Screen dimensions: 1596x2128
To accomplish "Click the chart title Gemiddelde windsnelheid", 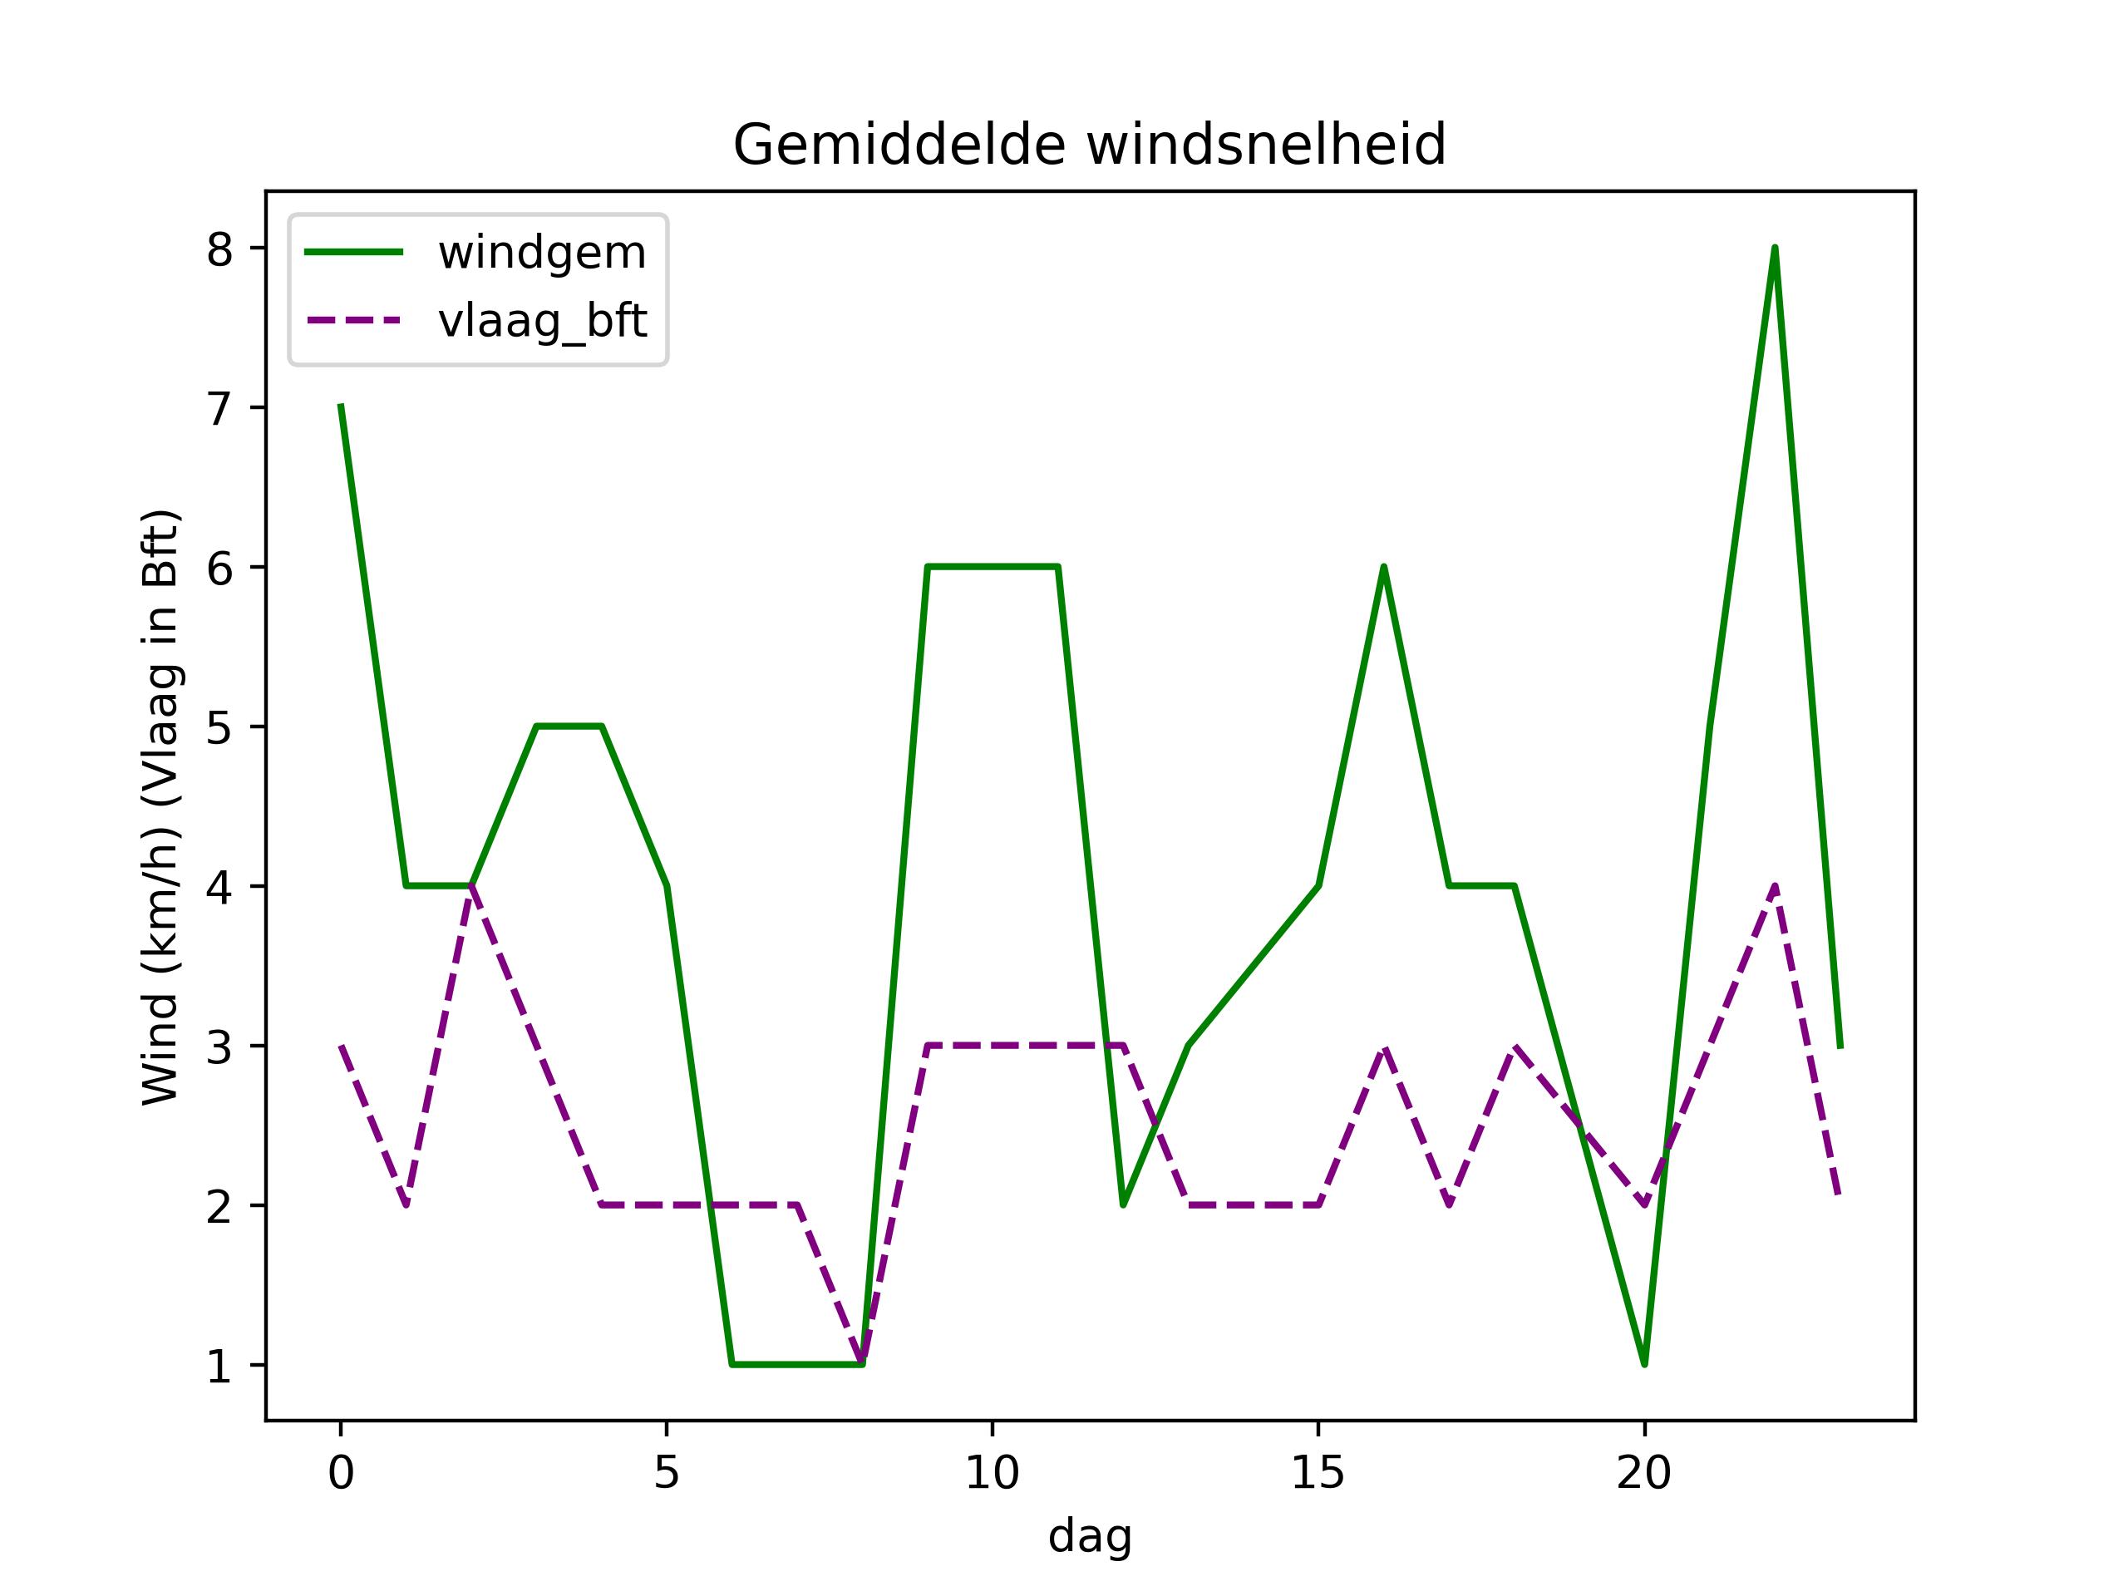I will click(x=1089, y=145).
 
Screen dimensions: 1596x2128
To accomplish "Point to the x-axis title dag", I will click(x=1089, y=1536).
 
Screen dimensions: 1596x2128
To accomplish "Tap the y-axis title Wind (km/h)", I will click(x=160, y=808).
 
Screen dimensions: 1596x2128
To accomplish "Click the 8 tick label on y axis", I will click(x=219, y=249).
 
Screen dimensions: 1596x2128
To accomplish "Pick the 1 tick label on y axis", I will click(x=219, y=1366).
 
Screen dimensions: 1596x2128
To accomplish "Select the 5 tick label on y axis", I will click(x=219, y=728).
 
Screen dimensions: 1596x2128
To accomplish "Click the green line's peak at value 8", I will click(x=1775, y=249).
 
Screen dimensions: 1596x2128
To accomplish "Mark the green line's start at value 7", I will click(x=342, y=407).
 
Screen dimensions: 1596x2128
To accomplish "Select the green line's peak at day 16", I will click(x=1383, y=567).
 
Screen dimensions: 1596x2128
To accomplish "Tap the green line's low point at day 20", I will click(x=1644, y=1364).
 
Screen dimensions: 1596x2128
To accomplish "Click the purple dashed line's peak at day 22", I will click(x=1775, y=886).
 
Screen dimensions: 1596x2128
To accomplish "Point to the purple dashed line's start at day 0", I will click(x=342, y=1046).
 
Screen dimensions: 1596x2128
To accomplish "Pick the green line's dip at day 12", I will click(x=1123, y=1204).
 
